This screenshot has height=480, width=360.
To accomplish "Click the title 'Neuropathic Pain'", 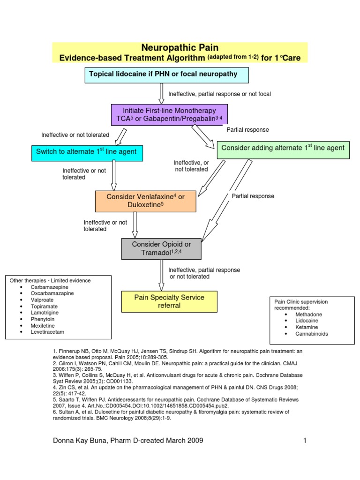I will click(180, 48).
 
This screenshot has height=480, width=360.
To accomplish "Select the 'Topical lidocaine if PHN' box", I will click(166, 75).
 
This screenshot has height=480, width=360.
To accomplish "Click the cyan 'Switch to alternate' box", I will click(87, 153).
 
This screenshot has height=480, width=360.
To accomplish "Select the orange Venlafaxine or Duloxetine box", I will click(145, 201).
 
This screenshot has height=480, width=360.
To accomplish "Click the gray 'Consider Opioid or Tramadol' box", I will click(161, 249).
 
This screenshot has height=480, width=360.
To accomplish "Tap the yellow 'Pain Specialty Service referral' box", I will click(169, 301).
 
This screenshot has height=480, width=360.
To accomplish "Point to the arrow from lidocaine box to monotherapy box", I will click(162, 93).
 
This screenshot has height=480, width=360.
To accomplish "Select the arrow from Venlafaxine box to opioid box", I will click(135, 225).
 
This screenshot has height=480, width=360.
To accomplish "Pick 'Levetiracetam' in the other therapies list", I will click(48, 332).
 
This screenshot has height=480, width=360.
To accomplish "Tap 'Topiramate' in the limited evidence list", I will click(44, 306).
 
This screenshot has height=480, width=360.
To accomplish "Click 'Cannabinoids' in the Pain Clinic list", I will click(312, 334).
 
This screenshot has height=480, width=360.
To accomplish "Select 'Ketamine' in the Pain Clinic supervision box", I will click(307, 327).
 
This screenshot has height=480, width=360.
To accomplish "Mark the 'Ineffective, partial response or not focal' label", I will click(219, 94).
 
